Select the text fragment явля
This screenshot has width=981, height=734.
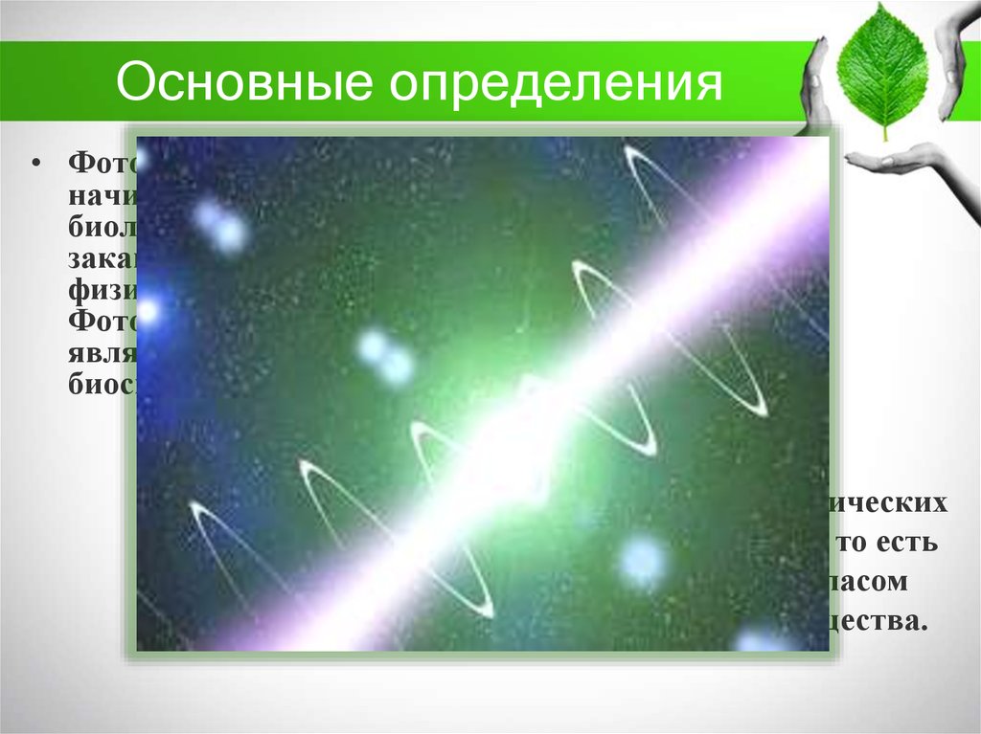pyautogui.click(x=102, y=351)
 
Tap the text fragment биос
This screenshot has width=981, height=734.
pyautogui.click(x=102, y=383)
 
